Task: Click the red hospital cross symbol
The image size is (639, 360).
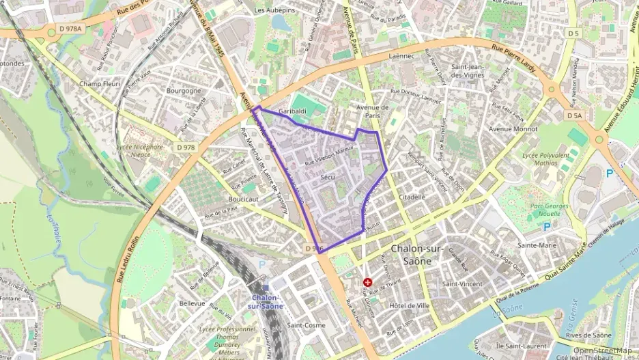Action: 368,281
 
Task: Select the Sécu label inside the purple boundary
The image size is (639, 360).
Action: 326,177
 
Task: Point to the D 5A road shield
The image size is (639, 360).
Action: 574,115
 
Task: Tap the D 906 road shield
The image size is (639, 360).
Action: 313,249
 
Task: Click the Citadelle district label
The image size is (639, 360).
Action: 412,197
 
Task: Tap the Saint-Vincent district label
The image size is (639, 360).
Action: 462,283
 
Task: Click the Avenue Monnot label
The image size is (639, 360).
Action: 513,128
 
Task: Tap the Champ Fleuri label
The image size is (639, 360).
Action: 100,84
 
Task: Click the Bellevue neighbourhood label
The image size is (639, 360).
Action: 192,302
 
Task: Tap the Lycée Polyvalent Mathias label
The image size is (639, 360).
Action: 544,159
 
